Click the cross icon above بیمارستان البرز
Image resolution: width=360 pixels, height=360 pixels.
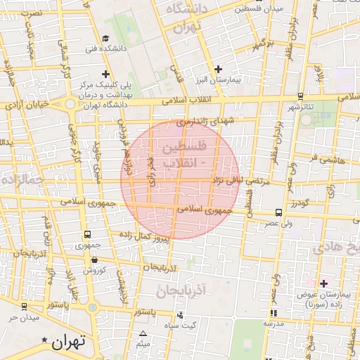219,69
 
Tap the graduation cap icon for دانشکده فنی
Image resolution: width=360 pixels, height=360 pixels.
105,38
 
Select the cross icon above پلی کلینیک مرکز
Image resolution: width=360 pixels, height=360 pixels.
105,74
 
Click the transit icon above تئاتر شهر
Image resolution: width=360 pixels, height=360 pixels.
301,96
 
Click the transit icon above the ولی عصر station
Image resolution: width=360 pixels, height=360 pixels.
279,212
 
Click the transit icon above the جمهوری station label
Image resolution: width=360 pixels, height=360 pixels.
87,235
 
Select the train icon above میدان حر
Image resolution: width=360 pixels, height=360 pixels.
25,307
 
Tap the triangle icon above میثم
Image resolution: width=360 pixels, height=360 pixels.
143,334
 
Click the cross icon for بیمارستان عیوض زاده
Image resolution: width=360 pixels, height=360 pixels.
323,283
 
